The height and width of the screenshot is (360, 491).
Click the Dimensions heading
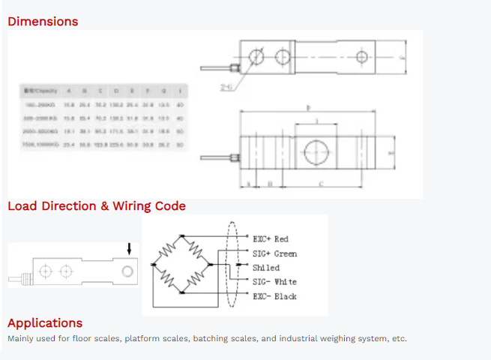point(43,21)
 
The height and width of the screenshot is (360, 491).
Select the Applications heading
point(45,322)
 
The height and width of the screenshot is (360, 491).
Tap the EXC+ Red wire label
point(271,239)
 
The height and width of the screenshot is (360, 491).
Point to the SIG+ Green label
point(274,253)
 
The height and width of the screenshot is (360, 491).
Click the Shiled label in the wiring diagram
point(266,268)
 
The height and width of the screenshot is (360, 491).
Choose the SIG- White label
point(274,282)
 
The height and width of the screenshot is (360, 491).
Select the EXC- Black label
point(274,296)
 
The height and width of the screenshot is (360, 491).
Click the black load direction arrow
point(128,249)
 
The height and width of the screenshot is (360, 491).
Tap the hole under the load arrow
point(128,269)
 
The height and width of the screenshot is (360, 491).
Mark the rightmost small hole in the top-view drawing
point(362,57)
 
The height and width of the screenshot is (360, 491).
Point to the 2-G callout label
point(226,87)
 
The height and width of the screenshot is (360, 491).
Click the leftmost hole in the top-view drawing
point(257,57)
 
